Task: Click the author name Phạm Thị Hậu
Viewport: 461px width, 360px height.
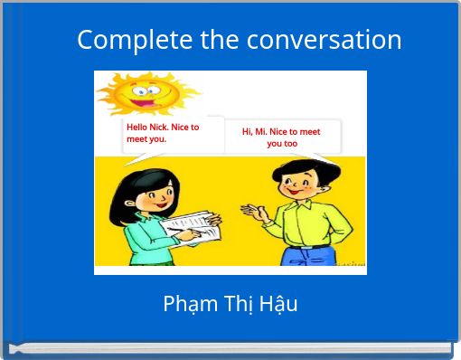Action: pos(230,304)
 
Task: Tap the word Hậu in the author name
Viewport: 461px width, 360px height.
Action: pos(278,304)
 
